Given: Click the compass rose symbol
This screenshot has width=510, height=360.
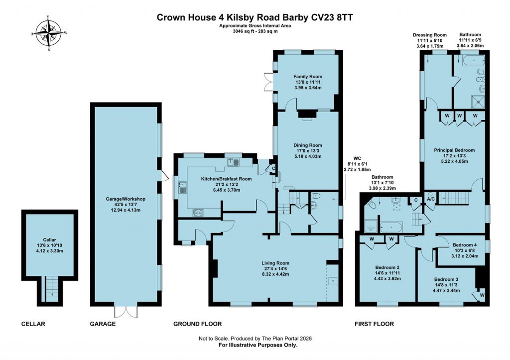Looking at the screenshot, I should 49,33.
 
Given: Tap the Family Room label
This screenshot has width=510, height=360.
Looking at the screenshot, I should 305,77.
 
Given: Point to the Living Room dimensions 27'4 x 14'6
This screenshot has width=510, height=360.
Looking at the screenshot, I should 275,269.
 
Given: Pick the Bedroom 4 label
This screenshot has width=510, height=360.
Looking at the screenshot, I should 465,245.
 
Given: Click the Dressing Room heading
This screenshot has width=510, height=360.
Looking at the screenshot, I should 428,35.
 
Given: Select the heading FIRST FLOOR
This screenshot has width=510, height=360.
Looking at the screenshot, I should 374,324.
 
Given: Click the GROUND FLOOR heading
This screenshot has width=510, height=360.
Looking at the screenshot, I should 197,324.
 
